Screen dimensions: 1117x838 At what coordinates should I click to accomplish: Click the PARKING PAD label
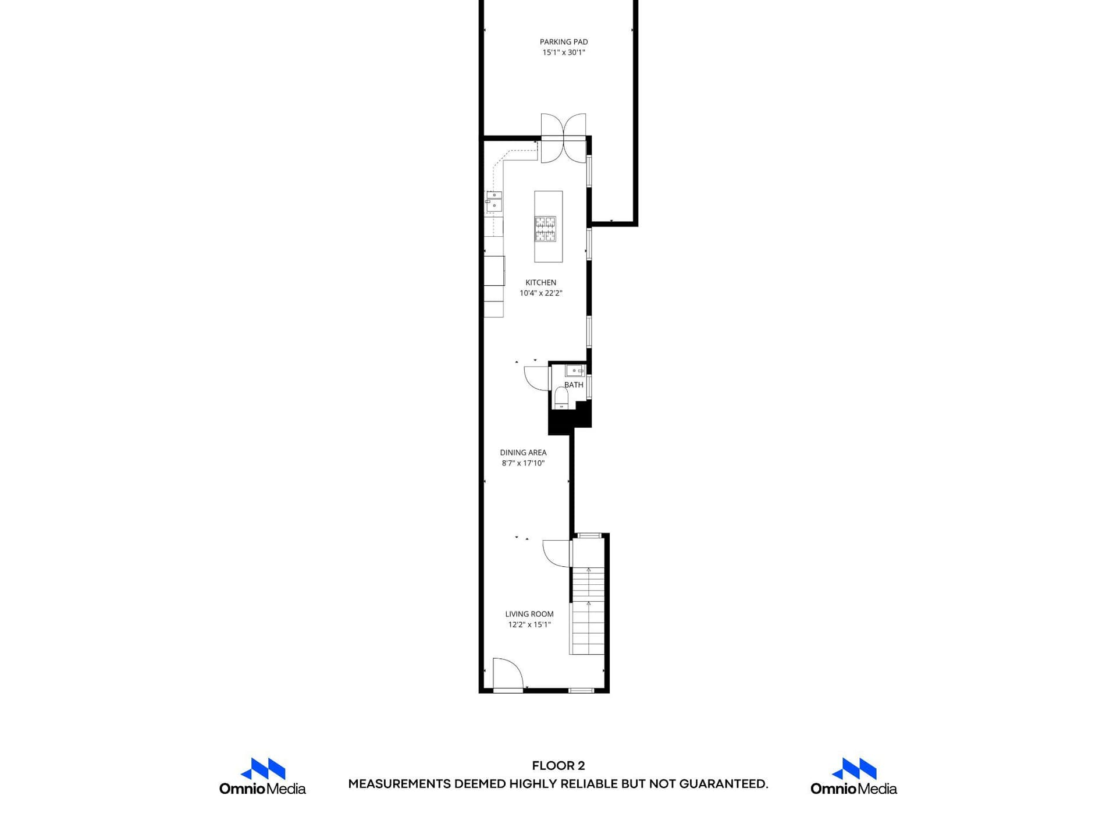[564, 42]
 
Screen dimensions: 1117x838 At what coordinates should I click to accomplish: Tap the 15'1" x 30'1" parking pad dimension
[564, 52]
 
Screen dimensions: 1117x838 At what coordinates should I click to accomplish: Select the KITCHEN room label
[541, 283]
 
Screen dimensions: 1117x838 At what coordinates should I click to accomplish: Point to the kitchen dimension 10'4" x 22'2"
[541, 293]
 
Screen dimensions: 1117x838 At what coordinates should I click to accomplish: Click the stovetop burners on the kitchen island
[546, 229]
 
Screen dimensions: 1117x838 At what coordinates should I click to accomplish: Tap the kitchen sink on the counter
[493, 201]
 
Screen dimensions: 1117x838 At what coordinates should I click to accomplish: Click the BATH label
[574, 385]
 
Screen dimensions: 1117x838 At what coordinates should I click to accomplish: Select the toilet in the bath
[561, 397]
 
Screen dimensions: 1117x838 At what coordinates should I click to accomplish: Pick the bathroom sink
[575, 371]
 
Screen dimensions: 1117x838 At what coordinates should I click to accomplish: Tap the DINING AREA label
[523, 453]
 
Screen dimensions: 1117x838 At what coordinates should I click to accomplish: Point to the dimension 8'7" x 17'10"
[523, 463]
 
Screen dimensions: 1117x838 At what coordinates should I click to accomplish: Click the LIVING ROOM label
[529, 614]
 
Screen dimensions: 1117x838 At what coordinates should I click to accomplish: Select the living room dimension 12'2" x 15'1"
[529, 624]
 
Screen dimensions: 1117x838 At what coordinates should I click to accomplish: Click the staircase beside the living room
[588, 610]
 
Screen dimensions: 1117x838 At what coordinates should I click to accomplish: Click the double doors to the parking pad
[563, 138]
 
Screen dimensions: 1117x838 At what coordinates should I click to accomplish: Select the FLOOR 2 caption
[558, 766]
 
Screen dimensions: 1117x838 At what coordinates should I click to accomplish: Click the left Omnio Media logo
[262, 776]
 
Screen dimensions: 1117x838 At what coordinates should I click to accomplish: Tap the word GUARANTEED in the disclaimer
[724, 784]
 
